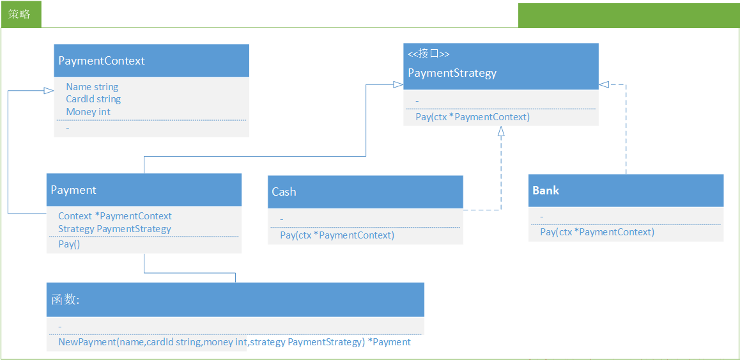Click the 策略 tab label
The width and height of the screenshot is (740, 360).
pos(19,14)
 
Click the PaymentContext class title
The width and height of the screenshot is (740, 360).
pos(102,61)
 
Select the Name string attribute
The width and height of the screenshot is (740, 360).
pos(92,87)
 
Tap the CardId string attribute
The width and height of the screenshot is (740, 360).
pos(93,99)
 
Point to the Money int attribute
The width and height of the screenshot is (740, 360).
pos(88,111)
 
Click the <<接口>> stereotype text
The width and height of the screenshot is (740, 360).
pos(429,54)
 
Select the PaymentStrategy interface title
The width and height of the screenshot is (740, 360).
pos(452,74)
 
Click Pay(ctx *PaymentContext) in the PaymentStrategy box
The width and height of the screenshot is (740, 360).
pos(472,117)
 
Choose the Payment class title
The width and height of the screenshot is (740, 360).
pos(73,190)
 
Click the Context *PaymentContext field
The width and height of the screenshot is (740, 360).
pos(115,216)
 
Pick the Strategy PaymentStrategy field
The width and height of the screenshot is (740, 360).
pos(114,229)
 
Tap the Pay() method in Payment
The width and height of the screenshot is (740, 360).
pos(69,244)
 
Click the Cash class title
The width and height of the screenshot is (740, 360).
pos(284,192)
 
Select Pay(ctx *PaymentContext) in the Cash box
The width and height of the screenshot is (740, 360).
pos(337,235)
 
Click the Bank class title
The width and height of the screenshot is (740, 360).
pos(546,191)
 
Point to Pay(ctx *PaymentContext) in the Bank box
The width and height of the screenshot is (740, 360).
pos(597,232)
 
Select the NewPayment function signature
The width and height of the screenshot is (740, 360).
pos(235,342)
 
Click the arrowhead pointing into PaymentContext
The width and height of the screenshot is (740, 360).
pos(49,91)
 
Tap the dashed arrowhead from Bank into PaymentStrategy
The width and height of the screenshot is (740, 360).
pos(604,84)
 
